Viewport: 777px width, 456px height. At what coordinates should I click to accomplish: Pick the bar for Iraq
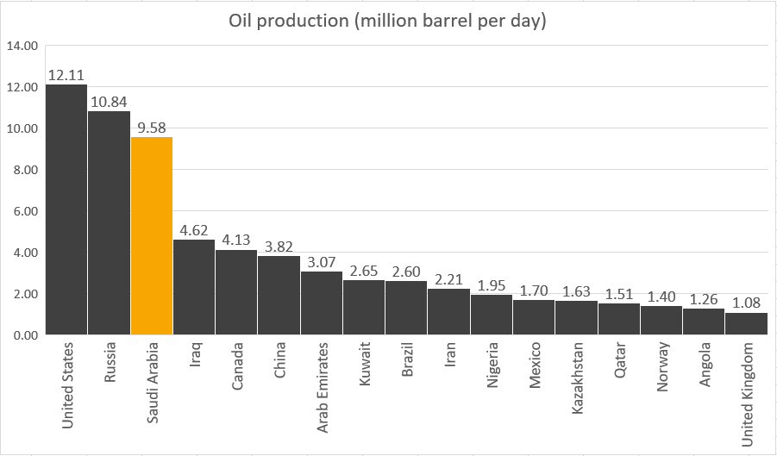click(x=194, y=286)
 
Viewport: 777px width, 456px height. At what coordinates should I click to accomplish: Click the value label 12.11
click(x=66, y=74)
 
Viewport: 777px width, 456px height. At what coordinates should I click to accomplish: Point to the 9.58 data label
click(x=152, y=127)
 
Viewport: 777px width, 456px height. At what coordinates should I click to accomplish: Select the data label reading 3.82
click(x=279, y=246)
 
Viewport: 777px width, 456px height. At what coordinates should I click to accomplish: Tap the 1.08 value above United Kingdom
click(x=746, y=303)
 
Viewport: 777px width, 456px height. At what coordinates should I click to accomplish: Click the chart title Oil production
click(x=388, y=22)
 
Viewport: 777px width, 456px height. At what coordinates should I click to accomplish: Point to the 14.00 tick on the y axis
click(x=22, y=46)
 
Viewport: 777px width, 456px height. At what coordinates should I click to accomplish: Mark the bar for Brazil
click(x=406, y=308)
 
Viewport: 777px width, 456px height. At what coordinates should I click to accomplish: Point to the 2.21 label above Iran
click(x=448, y=278)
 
